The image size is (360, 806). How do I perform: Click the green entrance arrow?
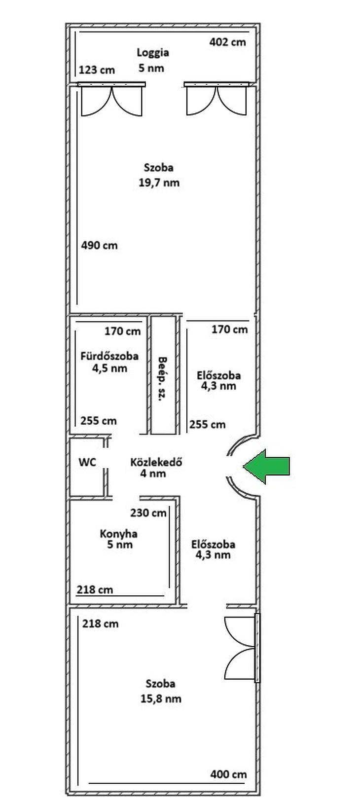point(266,466)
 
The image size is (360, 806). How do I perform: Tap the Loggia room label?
point(153,53)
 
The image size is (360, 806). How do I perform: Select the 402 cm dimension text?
point(228,42)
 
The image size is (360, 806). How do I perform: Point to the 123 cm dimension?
point(97,70)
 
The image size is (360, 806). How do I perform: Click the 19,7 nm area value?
point(159,183)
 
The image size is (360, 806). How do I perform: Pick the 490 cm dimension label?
point(99,245)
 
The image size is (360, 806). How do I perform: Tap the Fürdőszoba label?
point(109,356)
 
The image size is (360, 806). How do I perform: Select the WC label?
point(87,462)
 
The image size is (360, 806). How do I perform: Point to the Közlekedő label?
point(156,462)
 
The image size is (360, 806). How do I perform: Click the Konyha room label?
point(119,534)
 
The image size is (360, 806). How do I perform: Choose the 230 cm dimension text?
point(148,513)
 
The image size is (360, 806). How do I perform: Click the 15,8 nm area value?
point(161,699)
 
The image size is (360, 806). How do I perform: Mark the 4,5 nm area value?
point(109,368)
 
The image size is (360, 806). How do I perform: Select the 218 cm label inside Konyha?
point(95,589)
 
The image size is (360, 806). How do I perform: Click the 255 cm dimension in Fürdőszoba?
point(99,421)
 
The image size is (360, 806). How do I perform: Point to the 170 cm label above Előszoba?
point(229,329)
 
